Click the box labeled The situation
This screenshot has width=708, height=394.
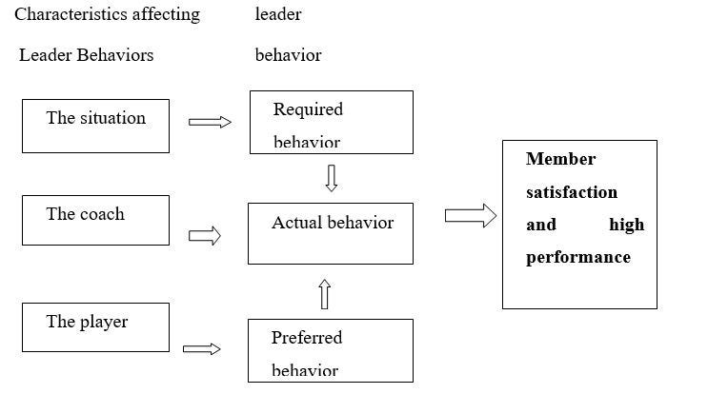[95, 126]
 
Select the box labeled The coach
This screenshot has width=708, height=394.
[95, 220]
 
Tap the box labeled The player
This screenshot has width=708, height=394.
[95, 327]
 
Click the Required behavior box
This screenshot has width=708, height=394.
[331, 122]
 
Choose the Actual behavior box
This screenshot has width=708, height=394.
[331, 233]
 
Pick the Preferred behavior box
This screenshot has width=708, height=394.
[331, 350]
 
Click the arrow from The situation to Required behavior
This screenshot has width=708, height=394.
[210, 122]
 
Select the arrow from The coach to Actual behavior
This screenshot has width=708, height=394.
[204, 236]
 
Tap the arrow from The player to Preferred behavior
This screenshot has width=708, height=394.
[201, 349]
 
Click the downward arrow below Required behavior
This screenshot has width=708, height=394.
[331, 178]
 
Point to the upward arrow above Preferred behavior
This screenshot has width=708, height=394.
[324, 294]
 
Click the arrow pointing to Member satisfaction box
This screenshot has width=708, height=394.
[471, 216]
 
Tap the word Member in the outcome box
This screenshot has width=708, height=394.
[560, 159]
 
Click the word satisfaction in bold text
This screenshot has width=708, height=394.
[572, 192]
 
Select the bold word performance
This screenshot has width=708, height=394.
[577, 257]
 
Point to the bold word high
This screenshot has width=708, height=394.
[626, 225]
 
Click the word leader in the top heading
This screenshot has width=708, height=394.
[278, 14]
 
